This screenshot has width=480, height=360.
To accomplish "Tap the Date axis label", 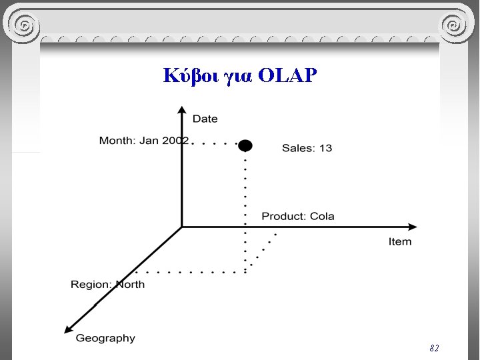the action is pos(205,119).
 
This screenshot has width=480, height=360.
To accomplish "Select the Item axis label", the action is pos(400,241).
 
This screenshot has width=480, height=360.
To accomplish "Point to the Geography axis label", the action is pos(105,338).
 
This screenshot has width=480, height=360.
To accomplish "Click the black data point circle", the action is pos(245,145).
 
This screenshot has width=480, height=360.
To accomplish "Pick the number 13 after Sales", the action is pos(325,148).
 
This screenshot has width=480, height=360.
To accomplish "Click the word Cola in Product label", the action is pos(322,216).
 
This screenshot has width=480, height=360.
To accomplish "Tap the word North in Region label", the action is pos(130,285).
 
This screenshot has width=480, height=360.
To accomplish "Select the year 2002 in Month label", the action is pos(176,141).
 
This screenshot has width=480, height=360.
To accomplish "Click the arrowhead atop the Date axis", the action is pos(181,109).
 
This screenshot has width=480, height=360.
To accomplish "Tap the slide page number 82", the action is pos(434,348).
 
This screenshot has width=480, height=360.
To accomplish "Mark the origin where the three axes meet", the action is pos(182,227).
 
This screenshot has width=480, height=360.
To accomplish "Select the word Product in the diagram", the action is pos(283,216).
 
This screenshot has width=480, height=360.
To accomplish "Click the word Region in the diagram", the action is pos(91,285).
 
